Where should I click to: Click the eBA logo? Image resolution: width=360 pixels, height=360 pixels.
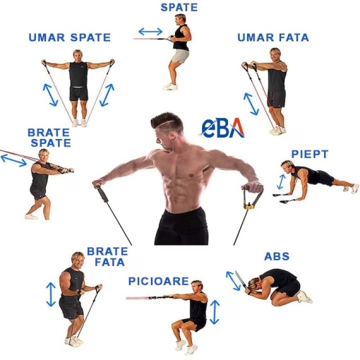pos(222,128)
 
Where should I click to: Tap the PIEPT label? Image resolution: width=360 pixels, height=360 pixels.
pos(310,155)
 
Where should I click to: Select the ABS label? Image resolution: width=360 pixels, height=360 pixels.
pos(277,256)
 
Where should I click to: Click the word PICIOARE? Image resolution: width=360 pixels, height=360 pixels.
pos(159,281)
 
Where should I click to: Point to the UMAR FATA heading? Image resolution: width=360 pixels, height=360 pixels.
pos(273,37)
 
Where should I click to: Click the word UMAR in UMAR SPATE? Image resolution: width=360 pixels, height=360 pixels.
pos(47,37)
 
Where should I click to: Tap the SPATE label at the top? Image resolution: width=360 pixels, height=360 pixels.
pos(179,8)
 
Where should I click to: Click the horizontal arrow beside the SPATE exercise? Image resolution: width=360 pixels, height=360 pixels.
pos(150,31)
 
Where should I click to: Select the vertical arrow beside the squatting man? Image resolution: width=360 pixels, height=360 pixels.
pos(215,312)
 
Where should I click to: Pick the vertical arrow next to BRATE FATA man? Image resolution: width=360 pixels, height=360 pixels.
pos(51,294)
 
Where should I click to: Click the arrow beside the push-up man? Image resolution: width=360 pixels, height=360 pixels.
pos(281,181)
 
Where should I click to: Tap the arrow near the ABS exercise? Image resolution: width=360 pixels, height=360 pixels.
pos(233,281)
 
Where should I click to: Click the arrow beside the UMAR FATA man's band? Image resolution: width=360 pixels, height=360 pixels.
pos(251,104)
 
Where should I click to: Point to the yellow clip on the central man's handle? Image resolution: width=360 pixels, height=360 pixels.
pos(250,207)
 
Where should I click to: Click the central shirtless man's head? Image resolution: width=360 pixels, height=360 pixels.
pos(167,129)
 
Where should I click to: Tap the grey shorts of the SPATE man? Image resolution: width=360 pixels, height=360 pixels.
pos(179,56)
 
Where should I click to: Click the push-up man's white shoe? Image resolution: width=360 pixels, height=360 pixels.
pos(355,188)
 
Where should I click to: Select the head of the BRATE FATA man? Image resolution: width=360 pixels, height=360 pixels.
pos(78,260)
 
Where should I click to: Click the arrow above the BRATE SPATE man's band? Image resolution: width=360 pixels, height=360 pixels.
pos(14,160)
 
